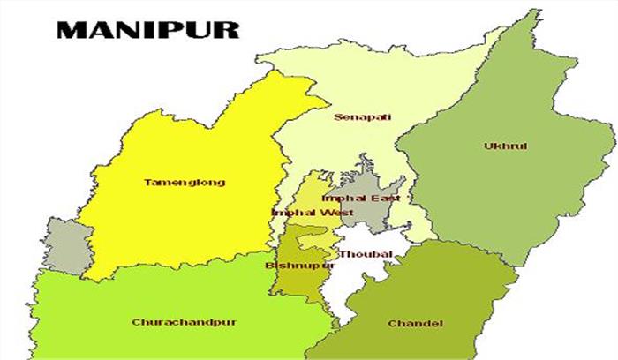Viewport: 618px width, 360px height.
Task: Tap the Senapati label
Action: click(362, 116)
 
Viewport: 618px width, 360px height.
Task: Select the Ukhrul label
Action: click(506, 146)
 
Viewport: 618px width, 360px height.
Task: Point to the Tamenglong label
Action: click(184, 183)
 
